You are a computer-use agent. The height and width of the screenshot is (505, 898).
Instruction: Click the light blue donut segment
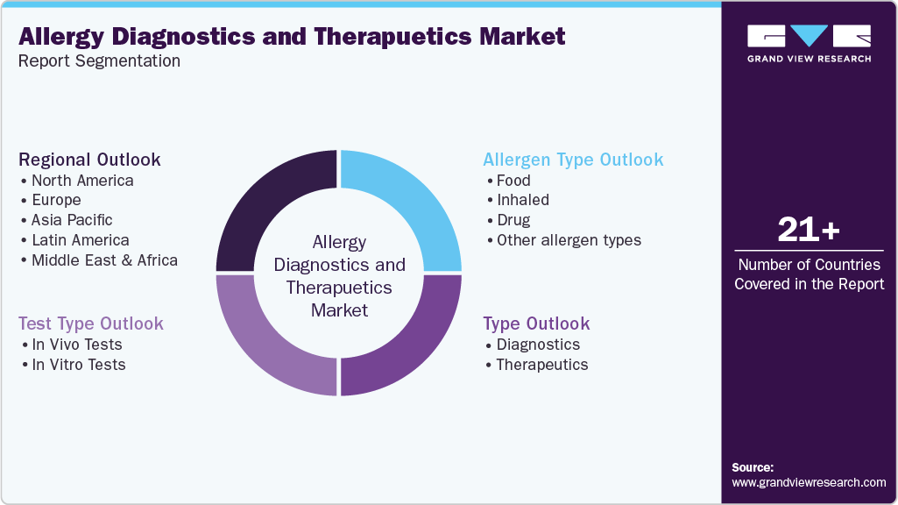tap(412, 202)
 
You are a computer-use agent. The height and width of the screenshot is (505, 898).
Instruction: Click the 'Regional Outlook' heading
tap(89, 160)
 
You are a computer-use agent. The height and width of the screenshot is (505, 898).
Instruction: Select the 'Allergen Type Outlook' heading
tap(573, 160)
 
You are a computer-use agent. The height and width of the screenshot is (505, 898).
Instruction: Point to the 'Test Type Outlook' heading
tap(91, 324)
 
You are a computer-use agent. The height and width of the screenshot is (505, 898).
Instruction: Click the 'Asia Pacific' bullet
tap(72, 220)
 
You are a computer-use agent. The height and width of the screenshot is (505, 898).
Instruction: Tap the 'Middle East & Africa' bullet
tap(104, 260)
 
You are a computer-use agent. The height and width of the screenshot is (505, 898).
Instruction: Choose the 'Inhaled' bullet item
tap(522, 200)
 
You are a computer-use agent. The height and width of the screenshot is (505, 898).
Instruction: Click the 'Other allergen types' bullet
tap(569, 240)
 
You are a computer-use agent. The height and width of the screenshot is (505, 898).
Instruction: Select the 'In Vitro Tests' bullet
tap(78, 365)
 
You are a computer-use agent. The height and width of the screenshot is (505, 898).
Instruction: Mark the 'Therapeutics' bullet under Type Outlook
tap(541, 365)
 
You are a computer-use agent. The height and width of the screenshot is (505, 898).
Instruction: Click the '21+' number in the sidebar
tap(809, 231)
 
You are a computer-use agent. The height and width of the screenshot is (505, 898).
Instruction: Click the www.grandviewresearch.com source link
tap(809, 482)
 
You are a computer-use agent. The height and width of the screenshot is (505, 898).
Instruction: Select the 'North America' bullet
tap(82, 181)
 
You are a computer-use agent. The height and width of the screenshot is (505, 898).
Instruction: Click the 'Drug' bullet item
tap(513, 220)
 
